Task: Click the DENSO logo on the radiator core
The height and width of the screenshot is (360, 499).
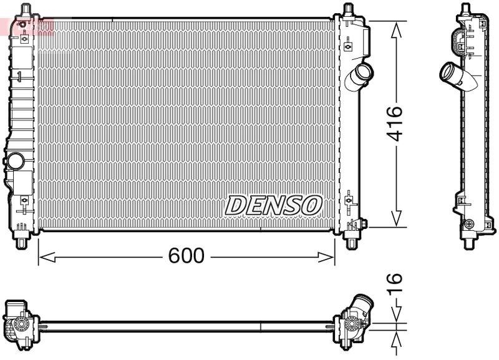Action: coord(273,205)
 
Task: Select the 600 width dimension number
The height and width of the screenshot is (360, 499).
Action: coord(186,256)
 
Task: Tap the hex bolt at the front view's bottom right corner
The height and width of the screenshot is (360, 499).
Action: coord(362,223)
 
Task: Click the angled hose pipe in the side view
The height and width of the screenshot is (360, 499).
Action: coord(454,77)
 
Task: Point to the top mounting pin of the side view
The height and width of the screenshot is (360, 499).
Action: coord(465,9)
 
